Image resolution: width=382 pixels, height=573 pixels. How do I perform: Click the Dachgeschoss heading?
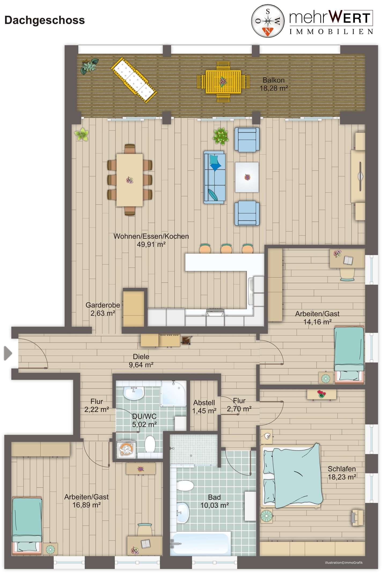coord(45,20)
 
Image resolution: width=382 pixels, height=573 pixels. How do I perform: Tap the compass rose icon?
coord(268,21)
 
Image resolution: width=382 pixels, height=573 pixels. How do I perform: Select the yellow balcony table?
coord(223,82)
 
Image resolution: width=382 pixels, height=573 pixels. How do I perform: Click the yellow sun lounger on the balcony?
coord(134,80)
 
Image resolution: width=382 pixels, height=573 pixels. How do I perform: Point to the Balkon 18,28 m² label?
coord(274,84)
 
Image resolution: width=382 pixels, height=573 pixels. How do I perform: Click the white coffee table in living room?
coord(247,177)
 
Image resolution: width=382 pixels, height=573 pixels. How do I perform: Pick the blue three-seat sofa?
coord(214,177)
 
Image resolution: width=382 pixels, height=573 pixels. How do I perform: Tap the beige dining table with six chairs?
coord(130,180)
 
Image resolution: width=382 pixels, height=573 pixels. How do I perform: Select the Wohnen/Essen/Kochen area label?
coord(151,240)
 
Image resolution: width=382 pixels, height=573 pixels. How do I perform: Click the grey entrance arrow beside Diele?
coord(8,353)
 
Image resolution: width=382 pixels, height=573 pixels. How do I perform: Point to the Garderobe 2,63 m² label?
coord(103,309)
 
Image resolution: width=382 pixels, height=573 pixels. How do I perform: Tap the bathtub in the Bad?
coord(201,544)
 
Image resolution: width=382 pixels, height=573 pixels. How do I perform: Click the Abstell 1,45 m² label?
coord(204,407)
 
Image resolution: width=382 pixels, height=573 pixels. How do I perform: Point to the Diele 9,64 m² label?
coord(141,360)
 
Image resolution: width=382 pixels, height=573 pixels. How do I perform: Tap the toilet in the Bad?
coord(185,485)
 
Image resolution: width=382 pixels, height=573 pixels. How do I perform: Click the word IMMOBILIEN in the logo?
coord(331,32)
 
